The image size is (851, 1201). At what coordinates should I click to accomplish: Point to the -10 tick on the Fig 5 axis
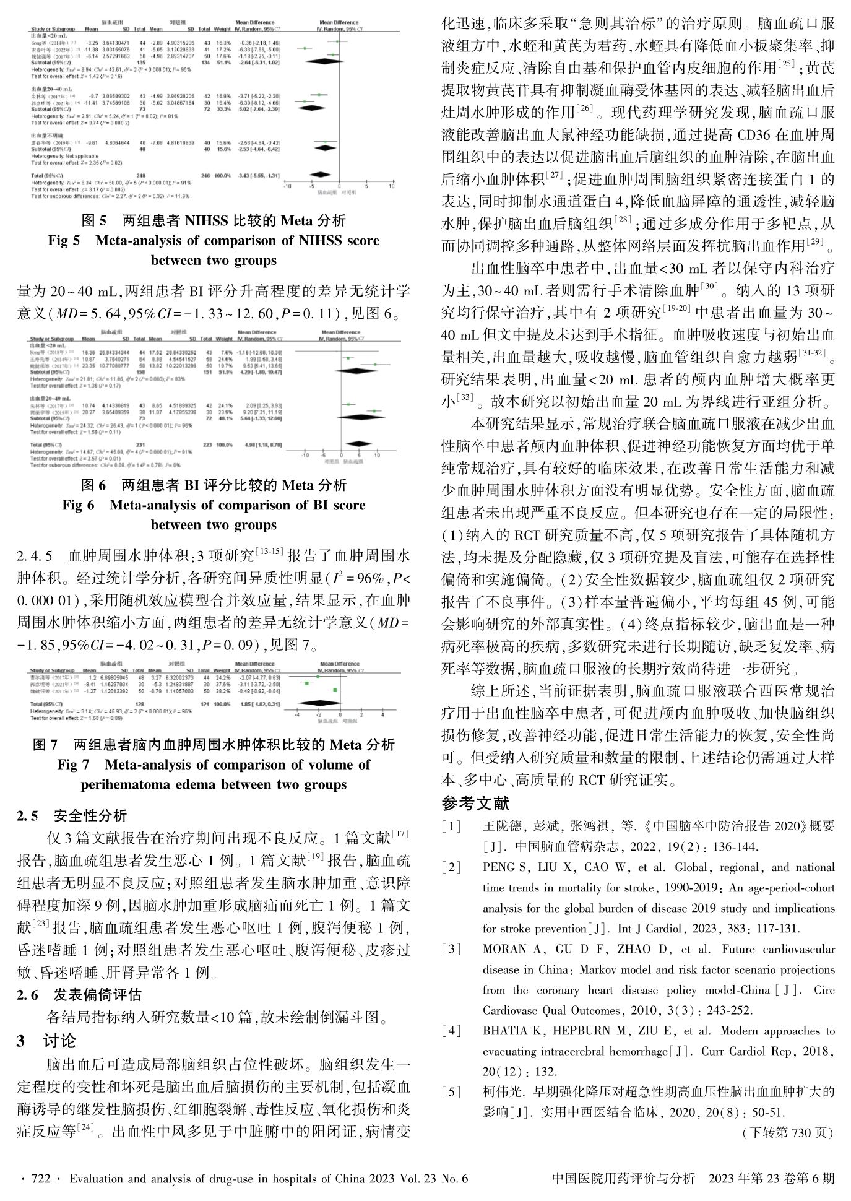[285, 186]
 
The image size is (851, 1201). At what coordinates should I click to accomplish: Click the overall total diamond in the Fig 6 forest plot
[357, 444]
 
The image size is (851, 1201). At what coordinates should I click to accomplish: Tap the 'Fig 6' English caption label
[78, 505]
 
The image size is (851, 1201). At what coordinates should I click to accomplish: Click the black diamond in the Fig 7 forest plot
[318, 704]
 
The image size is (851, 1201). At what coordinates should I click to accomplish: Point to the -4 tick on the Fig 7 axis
[297, 714]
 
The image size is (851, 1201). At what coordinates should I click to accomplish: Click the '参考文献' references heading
[475, 804]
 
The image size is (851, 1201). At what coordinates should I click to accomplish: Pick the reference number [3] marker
[451, 949]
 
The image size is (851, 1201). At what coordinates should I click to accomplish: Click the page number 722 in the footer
[39, 1179]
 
